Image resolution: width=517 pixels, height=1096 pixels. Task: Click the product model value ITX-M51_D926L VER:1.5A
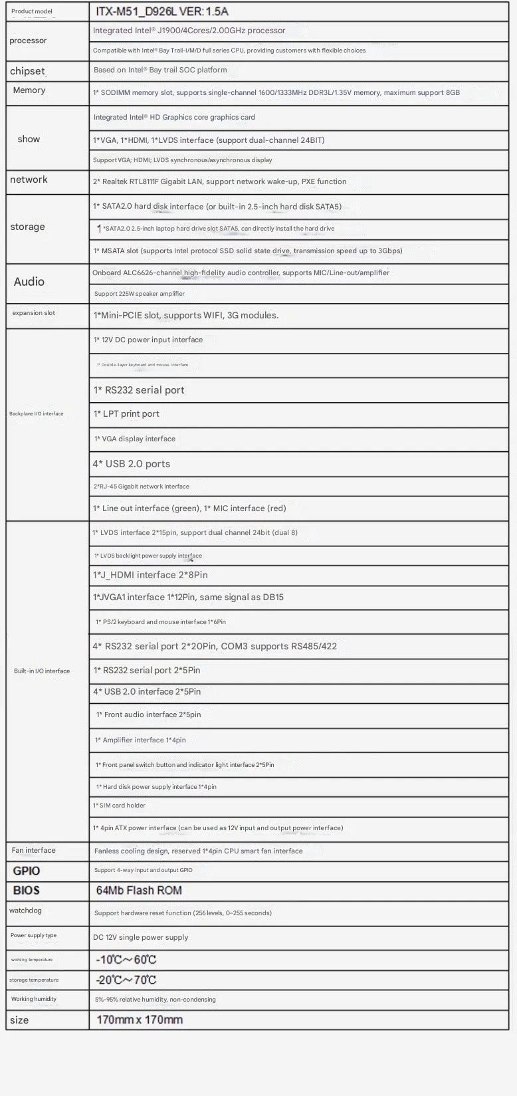coord(162,12)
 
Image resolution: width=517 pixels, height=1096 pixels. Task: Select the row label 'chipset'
coord(27,71)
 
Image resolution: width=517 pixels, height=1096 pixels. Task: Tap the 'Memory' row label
coord(29,90)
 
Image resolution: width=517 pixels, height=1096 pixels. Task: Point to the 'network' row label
coord(29,179)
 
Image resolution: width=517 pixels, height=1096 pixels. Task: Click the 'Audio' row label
coord(29,282)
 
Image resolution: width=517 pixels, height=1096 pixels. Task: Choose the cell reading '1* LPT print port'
coord(126,413)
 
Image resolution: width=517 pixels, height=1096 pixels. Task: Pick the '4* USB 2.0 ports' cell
coord(132,464)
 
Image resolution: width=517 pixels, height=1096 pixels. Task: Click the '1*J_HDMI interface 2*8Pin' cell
coord(150,575)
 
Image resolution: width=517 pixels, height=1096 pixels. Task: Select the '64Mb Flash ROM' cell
coord(139,891)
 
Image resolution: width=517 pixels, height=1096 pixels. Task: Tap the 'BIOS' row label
coord(27,891)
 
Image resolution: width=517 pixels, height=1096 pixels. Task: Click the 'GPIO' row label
coord(27,871)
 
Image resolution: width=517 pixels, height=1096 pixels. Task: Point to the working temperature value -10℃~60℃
coord(126,960)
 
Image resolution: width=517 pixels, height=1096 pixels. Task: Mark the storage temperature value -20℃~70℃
coord(126,980)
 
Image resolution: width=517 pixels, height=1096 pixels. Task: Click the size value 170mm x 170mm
coord(140,1020)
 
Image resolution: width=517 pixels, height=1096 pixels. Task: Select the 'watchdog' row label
coord(25,911)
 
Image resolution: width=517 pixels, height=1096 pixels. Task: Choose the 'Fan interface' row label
coord(33,851)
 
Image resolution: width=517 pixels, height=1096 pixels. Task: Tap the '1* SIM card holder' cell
coord(120,806)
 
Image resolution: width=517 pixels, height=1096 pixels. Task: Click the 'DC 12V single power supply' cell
coord(141,937)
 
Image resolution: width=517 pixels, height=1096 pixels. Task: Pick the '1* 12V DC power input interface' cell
coord(148,340)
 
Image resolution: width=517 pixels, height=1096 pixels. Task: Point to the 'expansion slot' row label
coord(33,313)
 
